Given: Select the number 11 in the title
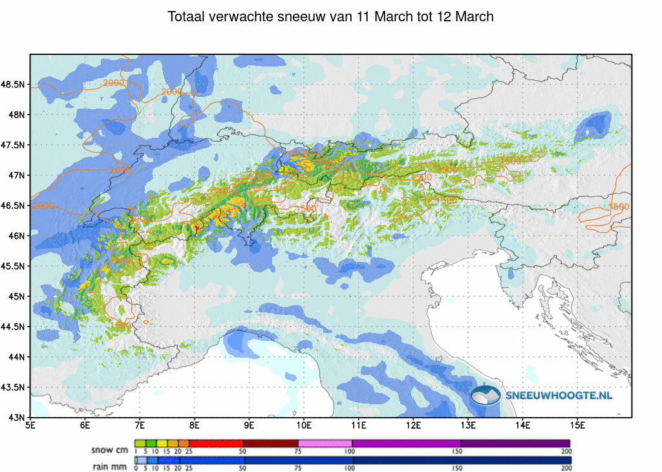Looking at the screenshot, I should (364, 17).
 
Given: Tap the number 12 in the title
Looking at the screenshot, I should (444, 17).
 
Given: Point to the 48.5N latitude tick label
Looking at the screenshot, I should (14, 85).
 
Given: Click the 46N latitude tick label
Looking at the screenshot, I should (16, 236).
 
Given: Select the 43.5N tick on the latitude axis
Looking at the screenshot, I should (14, 387).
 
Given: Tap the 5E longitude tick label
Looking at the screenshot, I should (30, 425).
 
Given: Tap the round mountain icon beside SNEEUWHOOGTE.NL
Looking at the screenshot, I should (486, 394).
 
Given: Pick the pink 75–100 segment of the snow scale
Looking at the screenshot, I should (325, 444).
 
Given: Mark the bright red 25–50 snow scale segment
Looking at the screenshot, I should (216, 444).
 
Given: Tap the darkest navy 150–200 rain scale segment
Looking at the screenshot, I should (516, 460).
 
